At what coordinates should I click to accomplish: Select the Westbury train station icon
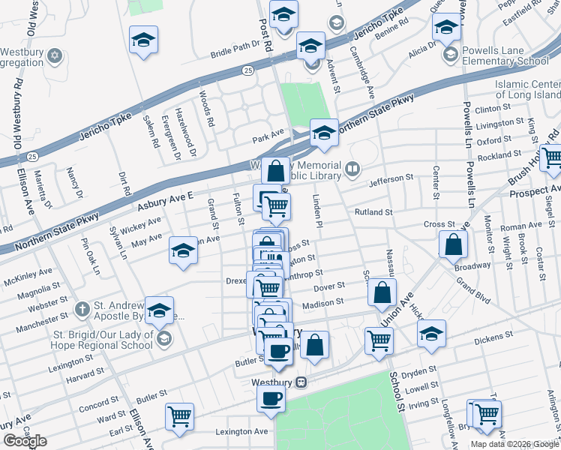[301, 382]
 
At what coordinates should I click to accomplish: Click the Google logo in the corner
[25, 441]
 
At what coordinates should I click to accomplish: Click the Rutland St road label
[373, 212]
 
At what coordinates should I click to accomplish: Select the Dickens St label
[493, 335]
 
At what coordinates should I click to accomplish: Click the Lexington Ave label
[241, 432]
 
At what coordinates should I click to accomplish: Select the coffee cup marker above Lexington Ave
[271, 397]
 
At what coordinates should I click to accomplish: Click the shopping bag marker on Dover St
[382, 293]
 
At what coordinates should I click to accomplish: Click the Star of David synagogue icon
[54, 56]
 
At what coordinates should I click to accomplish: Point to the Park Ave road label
[268, 134]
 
